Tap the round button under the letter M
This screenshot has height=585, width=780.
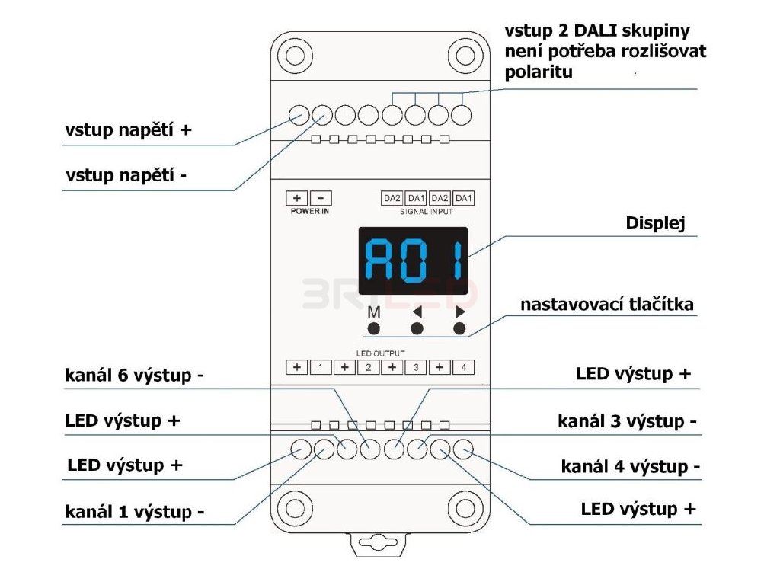[374, 329]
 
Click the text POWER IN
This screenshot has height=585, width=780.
[309, 211]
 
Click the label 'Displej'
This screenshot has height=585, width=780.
[655, 224]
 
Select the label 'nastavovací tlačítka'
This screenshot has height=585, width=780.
[607, 305]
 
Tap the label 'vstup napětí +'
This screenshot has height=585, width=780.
[127, 130]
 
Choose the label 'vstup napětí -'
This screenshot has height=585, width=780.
[126, 175]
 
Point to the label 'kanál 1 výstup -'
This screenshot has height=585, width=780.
[134, 512]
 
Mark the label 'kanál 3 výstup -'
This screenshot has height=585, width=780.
[627, 421]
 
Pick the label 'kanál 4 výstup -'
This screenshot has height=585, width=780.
[630, 466]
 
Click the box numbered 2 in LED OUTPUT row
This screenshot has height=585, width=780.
[368, 368]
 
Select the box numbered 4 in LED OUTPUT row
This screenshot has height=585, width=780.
[463, 368]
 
